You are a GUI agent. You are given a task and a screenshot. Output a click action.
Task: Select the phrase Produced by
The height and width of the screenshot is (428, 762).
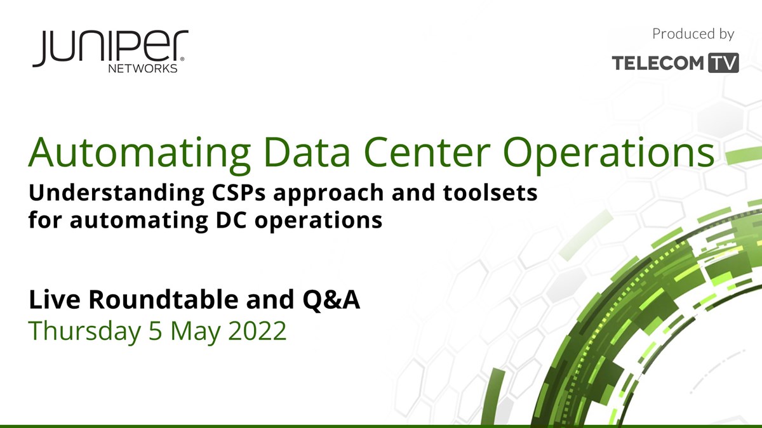[693, 34]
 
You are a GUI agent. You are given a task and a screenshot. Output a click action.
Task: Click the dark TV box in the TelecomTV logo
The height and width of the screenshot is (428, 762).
[723, 63]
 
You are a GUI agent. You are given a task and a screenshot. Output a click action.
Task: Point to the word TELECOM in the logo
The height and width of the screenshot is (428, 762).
[658, 63]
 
